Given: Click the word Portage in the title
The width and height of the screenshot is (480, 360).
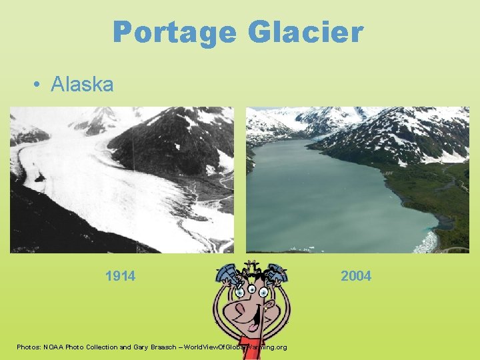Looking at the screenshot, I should pos(174,32).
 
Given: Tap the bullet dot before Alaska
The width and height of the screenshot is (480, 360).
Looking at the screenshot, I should pos(39,85).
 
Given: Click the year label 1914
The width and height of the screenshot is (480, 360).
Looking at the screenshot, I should pos(120,276).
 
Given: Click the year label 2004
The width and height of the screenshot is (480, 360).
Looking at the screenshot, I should pos(356,276).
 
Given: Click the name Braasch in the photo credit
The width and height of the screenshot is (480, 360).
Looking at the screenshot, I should pos(165,347).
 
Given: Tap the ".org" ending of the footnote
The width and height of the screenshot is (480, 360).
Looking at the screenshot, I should pos(281,347).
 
